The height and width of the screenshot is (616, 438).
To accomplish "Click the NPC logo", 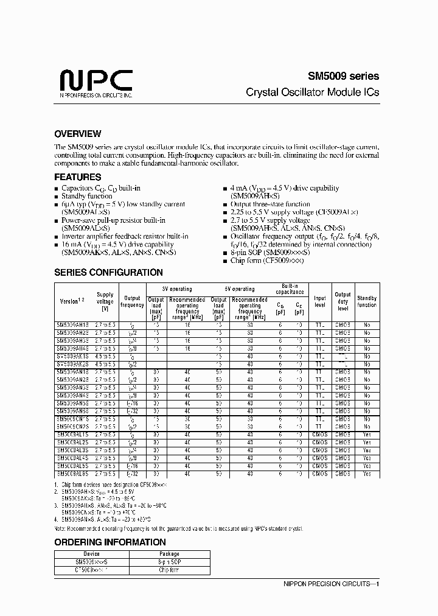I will click(96, 83).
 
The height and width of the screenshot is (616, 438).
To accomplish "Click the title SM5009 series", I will click(342, 77).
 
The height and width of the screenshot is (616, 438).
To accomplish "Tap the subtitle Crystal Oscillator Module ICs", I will click(312, 93).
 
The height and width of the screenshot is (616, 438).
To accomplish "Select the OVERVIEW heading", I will click(78, 134).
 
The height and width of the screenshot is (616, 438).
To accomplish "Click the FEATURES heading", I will click(78, 177).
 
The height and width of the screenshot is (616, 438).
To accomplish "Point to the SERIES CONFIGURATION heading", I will click(108, 273).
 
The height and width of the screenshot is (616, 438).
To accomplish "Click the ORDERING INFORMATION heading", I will click(109, 542).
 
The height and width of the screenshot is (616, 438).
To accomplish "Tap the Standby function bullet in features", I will click(86, 197).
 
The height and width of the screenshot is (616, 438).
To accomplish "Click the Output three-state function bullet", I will click(270, 205).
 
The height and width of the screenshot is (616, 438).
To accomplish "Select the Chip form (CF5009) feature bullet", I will click(266, 261).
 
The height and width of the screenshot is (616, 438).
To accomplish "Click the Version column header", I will click(70, 301).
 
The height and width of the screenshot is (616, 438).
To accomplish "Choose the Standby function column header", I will click(367, 301).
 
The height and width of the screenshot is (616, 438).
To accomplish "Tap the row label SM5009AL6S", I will click(72, 474).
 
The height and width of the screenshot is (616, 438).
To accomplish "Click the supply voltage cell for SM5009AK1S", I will click(105, 356).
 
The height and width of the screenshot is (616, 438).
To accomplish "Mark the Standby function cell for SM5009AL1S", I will click(367, 435).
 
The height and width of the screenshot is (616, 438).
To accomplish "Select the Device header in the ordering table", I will click(91, 554).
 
